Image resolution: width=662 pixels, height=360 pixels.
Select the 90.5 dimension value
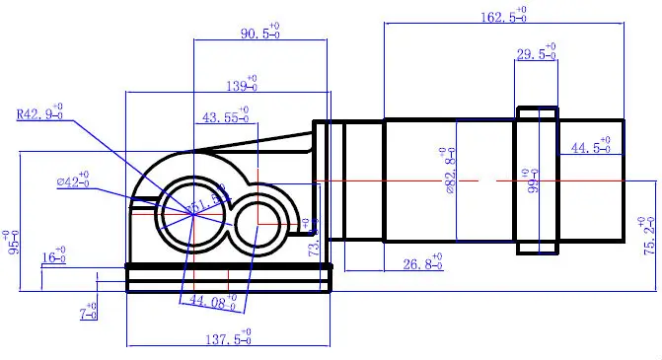[258, 33]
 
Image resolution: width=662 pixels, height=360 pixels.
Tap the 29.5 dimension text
[536, 54]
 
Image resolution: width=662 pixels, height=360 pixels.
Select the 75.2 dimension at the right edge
[647, 237]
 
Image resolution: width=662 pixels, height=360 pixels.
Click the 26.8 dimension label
[424, 264]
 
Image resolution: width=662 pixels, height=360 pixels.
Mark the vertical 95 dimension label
[12, 242]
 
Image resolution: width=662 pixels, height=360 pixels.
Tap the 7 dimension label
[89, 313]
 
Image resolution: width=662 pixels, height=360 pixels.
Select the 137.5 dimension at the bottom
[227, 338]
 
